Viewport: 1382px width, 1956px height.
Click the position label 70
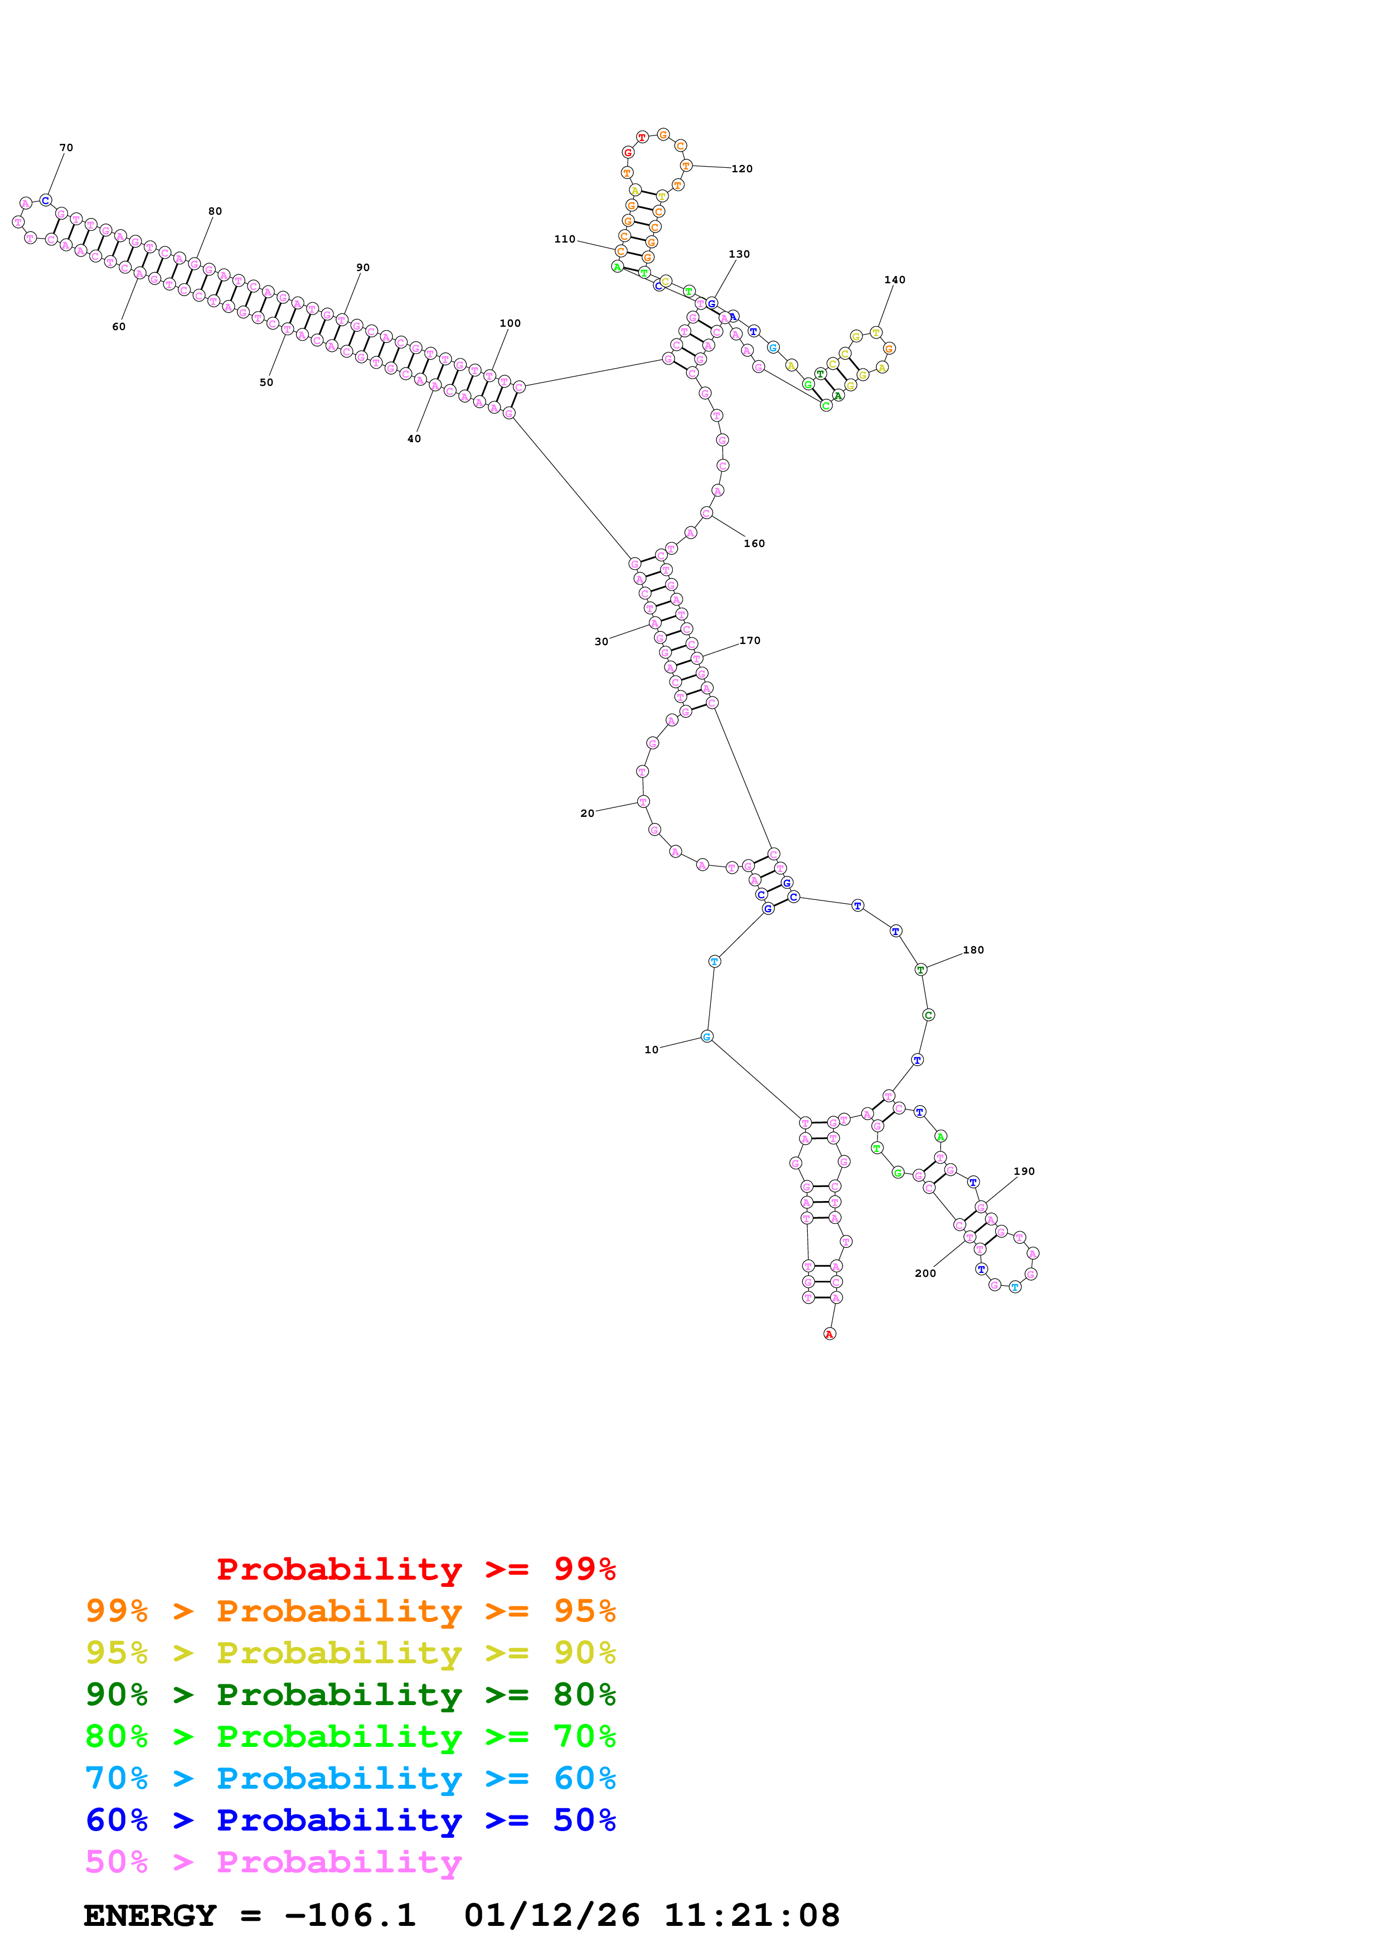(66, 147)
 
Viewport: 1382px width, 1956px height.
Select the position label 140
(894, 279)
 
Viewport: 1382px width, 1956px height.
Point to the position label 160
(754, 544)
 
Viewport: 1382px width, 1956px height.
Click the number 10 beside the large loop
(651, 1049)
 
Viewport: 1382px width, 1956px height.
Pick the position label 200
(925, 1273)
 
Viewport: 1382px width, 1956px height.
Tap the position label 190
(1024, 1171)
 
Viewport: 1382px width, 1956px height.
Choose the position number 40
(414, 439)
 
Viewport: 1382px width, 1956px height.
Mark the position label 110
(565, 239)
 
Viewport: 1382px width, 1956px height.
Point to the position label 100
(510, 323)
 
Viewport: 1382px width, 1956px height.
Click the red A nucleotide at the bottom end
(830, 1334)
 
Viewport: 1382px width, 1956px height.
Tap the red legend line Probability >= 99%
(415, 1569)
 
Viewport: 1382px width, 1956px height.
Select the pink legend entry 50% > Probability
(273, 1862)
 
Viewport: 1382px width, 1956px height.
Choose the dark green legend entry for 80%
(351, 1694)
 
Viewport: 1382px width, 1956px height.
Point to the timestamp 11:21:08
(752, 1916)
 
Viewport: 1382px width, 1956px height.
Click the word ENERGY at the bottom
(150, 1916)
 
